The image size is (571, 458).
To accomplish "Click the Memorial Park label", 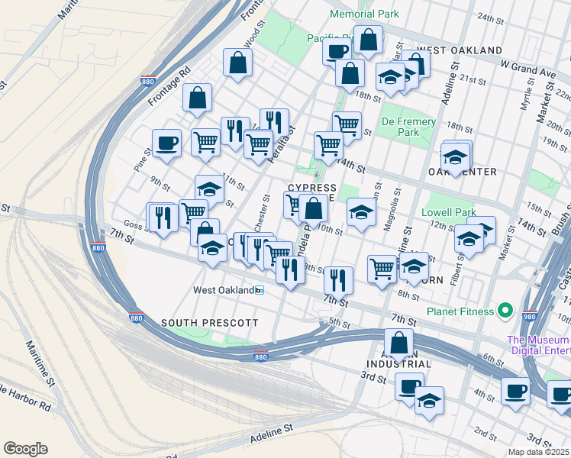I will click(x=363, y=15).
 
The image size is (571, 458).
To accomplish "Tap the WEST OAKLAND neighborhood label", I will click(x=460, y=50).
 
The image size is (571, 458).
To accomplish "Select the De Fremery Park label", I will click(x=409, y=127).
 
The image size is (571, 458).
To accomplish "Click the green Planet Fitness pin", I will click(x=504, y=311).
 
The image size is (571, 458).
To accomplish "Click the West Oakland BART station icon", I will click(x=260, y=290).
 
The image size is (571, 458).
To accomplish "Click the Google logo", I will click(x=25, y=449).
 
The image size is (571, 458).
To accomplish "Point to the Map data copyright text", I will click(x=539, y=452).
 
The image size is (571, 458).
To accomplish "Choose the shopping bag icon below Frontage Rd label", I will click(x=197, y=98).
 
